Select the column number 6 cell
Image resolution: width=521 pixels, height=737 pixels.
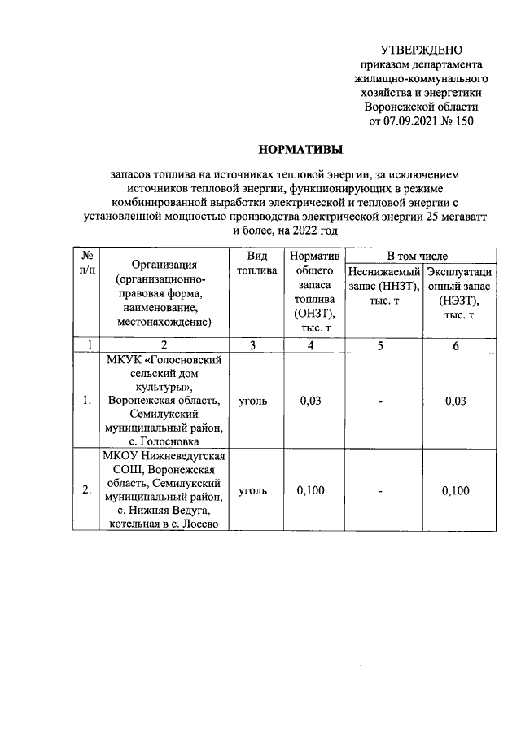click(x=456, y=345)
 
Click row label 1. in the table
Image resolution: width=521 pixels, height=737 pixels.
click(x=87, y=401)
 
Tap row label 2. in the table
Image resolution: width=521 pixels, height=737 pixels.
click(x=87, y=490)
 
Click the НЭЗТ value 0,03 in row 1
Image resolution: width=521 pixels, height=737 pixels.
click(x=456, y=401)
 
